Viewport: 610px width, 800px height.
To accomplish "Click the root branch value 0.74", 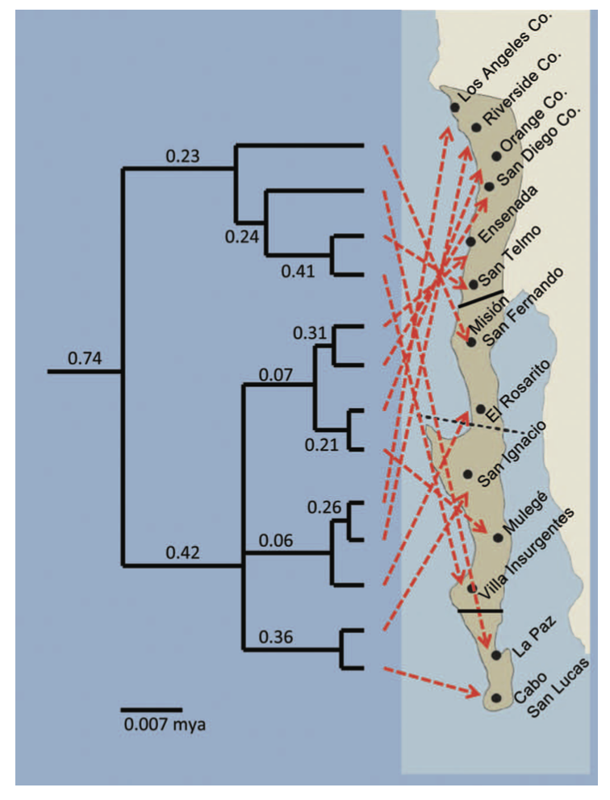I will point(83,357).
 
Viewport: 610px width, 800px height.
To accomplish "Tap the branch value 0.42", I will point(182,552).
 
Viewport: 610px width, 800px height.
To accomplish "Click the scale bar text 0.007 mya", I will point(164,724).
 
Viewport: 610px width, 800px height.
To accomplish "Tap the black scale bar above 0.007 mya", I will point(151,710).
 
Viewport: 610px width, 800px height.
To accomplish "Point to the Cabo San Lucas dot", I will point(496,698).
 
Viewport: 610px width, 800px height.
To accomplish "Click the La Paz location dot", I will point(495,656).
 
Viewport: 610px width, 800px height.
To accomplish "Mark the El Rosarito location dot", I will point(481,410).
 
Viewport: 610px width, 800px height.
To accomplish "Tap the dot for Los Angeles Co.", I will point(455,106).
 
